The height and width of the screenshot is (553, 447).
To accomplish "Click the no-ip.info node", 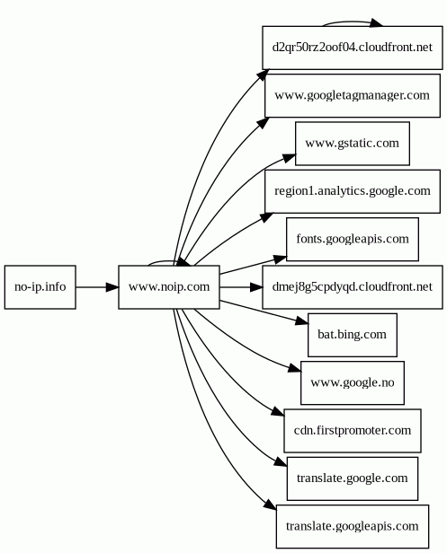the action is pyautogui.click(x=40, y=287).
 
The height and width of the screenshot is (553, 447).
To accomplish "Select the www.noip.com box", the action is pyautogui.click(x=169, y=287).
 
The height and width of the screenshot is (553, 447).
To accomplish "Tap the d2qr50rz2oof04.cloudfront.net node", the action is pyautogui.click(x=353, y=48).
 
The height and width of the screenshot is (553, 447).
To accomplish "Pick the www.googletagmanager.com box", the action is pyautogui.click(x=353, y=95).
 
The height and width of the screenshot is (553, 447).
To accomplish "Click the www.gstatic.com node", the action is pyautogui.click(x=353, y=144).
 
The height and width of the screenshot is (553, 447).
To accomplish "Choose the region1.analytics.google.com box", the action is pyautogui.click(x=353, y=191).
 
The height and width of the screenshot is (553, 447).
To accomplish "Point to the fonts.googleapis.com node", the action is pyautogui.click(x=353, y=240).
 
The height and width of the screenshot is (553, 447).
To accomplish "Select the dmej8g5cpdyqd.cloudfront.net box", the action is pyautogui.click(x=353, y=287).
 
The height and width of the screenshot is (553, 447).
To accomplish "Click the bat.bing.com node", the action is pyautogui.click(x=353, y=335).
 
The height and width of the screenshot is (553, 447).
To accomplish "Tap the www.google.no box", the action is pyautogui.click(x=353, y=383).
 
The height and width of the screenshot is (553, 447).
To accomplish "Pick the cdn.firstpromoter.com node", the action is pyautogui.click(x=353, y=431).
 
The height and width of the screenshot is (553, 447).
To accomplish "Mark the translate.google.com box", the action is pyautogui.click(x=353, y=478).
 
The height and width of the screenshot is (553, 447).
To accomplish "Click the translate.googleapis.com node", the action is pyautogui.click(x=353, y=527).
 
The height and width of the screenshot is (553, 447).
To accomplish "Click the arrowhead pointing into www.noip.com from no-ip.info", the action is pyautogui.click(x=112, y=287).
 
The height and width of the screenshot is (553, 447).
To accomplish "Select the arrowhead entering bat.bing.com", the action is pyautogui.click(x=302, y=321).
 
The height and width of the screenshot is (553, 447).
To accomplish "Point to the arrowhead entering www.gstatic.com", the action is pyautogui.click(x=289, y=158).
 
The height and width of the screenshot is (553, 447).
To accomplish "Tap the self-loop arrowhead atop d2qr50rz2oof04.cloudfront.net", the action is pyautogui.click(x=376, y=23).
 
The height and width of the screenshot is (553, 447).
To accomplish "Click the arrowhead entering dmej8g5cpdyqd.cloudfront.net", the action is pyautogui.click(x=255, y=287).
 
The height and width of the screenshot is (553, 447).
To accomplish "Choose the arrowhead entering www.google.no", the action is pyautogui.click(x=295, y=369).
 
